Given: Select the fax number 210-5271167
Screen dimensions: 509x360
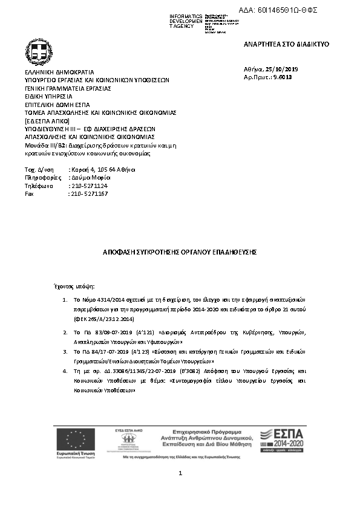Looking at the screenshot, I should coord(89,193).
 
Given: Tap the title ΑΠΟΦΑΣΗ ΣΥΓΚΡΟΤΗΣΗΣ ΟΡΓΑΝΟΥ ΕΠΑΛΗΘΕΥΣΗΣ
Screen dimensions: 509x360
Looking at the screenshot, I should coord(180,250).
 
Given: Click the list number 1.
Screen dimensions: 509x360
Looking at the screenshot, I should coord(65,300).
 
